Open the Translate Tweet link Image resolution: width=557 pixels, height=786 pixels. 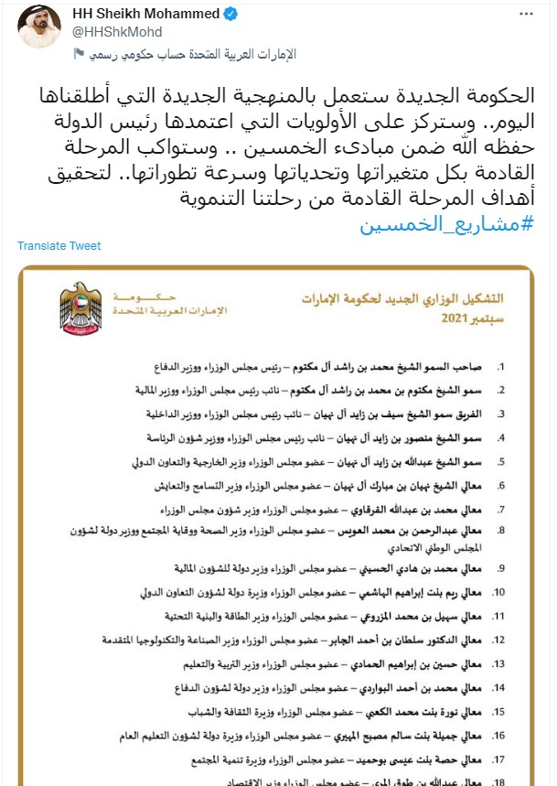[x=59, y=246]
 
